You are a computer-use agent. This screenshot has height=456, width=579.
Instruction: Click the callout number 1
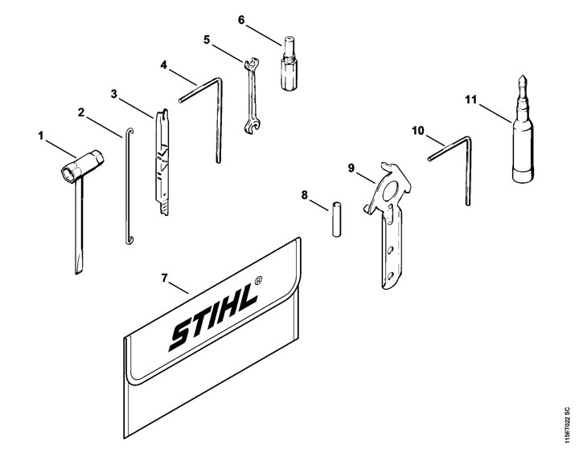click(x=41, y=136)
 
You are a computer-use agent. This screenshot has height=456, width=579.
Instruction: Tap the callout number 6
click(x=241, y=20)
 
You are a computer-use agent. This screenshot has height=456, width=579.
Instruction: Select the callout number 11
click(x=470, y=100)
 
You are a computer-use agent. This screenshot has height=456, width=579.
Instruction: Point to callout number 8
click(x=304, y=195)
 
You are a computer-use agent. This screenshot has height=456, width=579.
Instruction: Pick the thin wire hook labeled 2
click(x=128, y=186)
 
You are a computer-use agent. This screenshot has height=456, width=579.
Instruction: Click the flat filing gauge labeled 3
click(x=162, y=162)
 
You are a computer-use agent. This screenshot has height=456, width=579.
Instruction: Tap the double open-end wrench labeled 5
click(x=252, y=96)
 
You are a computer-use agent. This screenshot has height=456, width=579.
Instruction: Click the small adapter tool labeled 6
click(x=289, y=63)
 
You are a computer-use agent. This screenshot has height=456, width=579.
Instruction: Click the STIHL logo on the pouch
click(x=213, y=317)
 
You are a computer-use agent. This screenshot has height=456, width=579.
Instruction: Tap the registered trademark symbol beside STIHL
click(x=259, y=280)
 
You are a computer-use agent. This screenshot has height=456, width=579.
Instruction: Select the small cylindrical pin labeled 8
click(x=336, y=219)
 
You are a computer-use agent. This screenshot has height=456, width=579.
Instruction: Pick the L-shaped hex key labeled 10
click(x=451, y=170)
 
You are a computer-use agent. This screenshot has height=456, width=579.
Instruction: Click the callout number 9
click(x=351, y=168)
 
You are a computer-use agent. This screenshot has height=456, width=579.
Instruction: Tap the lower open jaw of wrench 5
click(x=253, y=126)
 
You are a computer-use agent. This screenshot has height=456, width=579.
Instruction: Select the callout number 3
click(x=114, y=95)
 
